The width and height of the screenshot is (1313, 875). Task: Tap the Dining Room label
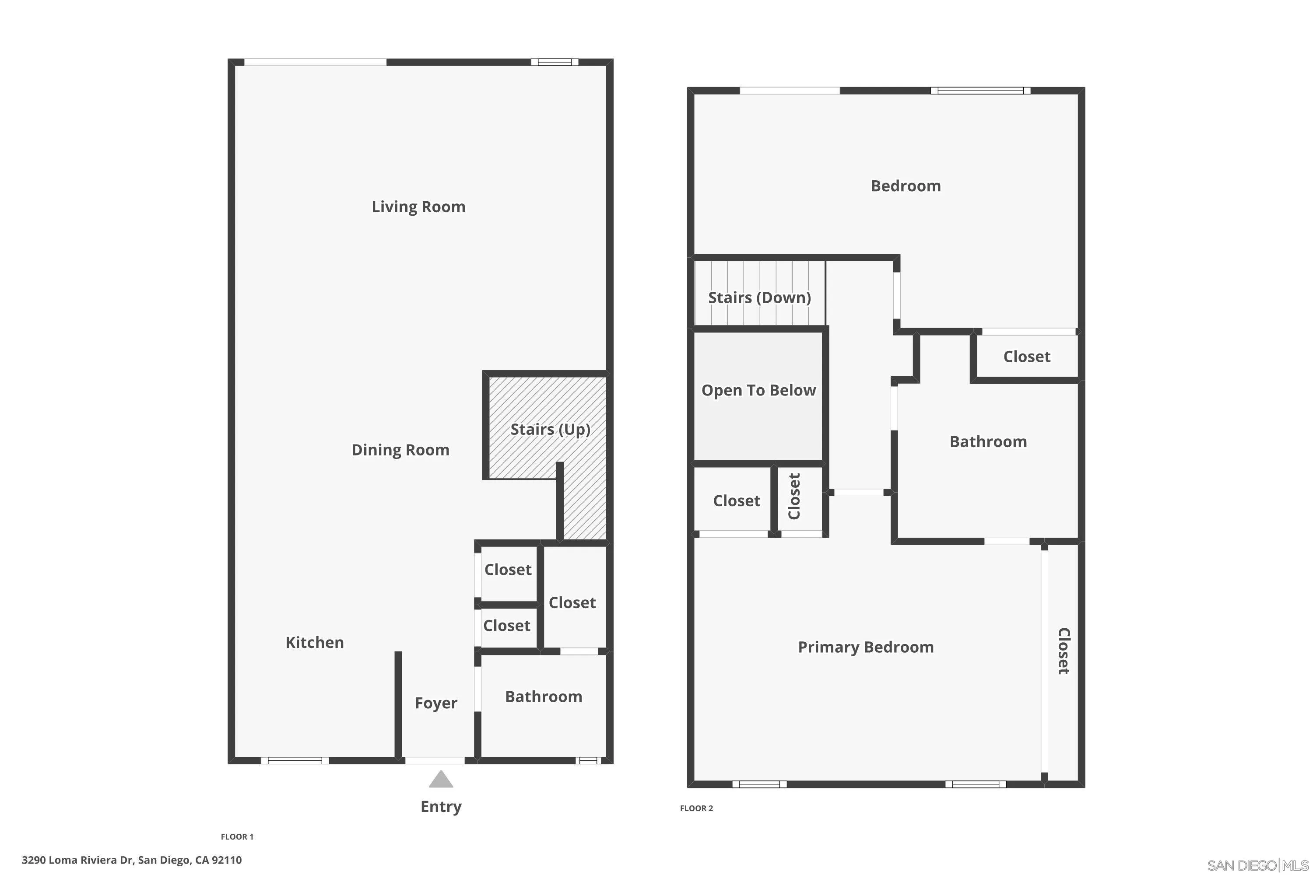click(400, 450)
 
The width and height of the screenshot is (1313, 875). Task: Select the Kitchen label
click(314, 643)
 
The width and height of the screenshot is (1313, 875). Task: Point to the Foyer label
click(436, 703)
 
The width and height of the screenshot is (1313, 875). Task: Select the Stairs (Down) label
click(759, 298)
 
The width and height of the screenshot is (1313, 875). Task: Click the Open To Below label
click(758, 391)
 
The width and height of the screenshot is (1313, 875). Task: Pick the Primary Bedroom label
click(865, 647)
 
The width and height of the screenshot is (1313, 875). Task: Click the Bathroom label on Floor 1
click(543, 697)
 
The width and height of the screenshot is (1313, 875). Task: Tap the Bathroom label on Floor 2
click(988, 442)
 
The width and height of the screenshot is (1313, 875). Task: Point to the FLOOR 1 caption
click(237, 836)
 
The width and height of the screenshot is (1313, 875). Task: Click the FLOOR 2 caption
click(696, 808)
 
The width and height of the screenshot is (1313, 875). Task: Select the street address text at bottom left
click(132, 860)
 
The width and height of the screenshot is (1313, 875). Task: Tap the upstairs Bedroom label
click(906, 186)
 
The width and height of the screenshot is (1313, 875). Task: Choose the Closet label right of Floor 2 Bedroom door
click(1027, 357)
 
